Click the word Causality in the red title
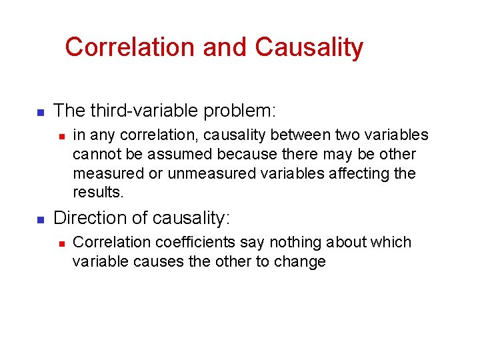[x=309, y=47]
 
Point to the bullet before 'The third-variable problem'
[x=39, y=111]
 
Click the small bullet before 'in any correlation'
[x=60, y=136]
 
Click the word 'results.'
[x=98, y=193]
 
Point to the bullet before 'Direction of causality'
[x=39, y=219]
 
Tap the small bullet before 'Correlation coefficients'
[x=60, y=243]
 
